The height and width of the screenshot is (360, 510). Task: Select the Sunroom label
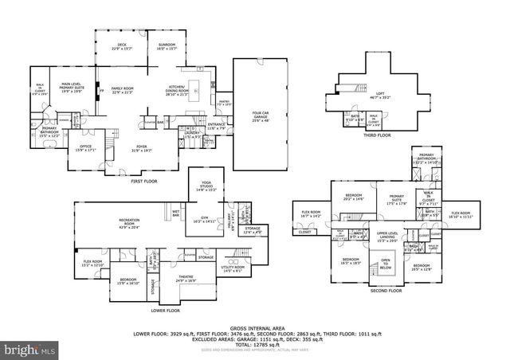[166, 46]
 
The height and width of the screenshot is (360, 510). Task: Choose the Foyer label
[142, 147]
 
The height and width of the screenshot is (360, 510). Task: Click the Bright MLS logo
[29, 350]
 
